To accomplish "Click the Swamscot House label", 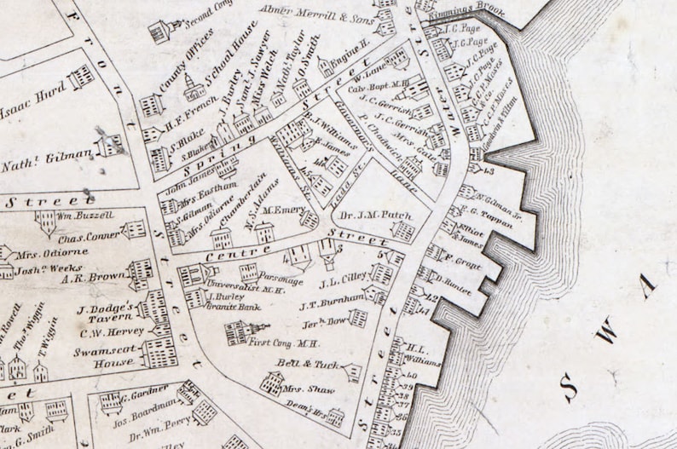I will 102,356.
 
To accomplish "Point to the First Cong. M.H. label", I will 284,343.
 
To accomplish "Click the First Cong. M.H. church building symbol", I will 240,332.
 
